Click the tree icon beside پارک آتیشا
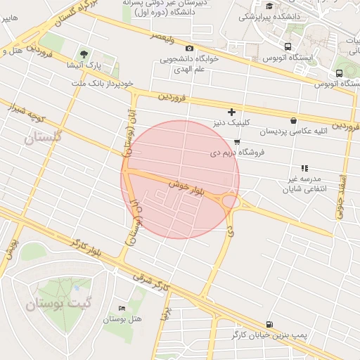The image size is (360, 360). coord(84,54)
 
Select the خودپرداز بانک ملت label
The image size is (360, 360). coord(105,83)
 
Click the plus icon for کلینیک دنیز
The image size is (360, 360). coord(231,112)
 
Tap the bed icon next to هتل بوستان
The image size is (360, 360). coord(122,308)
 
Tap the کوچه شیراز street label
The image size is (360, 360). coord(26,110)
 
